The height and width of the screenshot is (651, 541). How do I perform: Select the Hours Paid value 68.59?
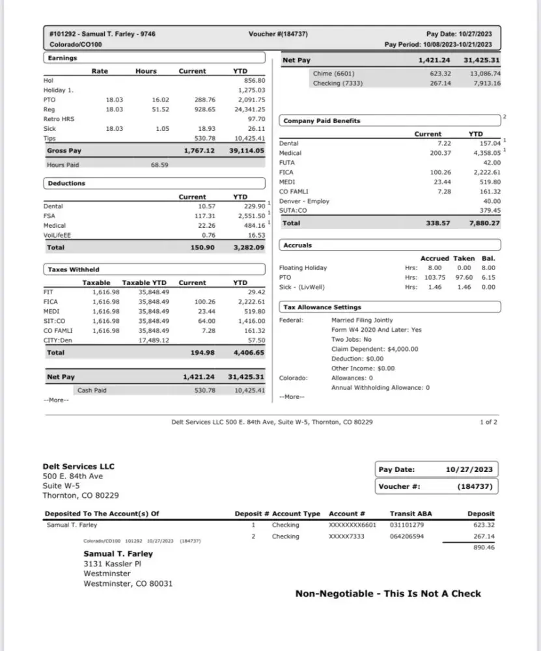point(159,165)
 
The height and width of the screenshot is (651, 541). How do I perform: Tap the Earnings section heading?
point(62,59)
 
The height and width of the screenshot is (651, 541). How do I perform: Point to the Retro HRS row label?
point(59,119)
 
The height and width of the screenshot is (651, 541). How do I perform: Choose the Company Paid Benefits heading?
point(322,121)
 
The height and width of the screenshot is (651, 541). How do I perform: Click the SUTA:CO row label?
point(294,210)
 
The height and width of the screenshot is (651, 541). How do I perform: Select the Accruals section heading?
point(298,245)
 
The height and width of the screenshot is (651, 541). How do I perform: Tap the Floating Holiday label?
point(303,268)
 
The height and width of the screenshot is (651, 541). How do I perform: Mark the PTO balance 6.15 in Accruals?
point(488,277)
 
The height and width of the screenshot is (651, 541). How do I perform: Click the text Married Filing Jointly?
point(362,320)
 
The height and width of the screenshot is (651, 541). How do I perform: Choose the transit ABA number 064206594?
point(407,536)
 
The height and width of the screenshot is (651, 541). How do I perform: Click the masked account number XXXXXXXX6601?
point(352,525)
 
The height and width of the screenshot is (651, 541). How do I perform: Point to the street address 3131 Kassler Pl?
point(112,564)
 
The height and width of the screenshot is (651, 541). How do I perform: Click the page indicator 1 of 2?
point(488,422)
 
